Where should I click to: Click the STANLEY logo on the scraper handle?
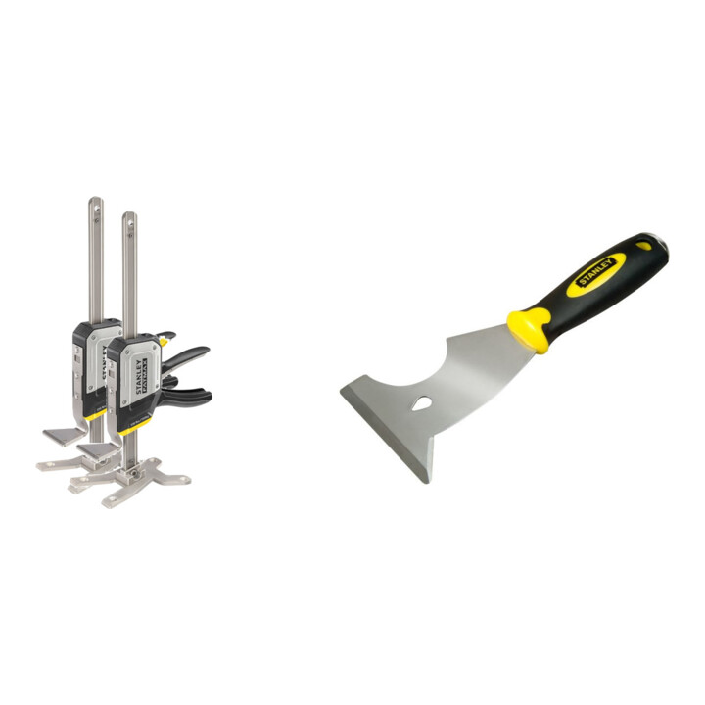599,272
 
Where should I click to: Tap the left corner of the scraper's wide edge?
344,390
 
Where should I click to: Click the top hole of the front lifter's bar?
128,221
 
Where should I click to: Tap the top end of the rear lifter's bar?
95,205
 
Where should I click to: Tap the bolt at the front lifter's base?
129,472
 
